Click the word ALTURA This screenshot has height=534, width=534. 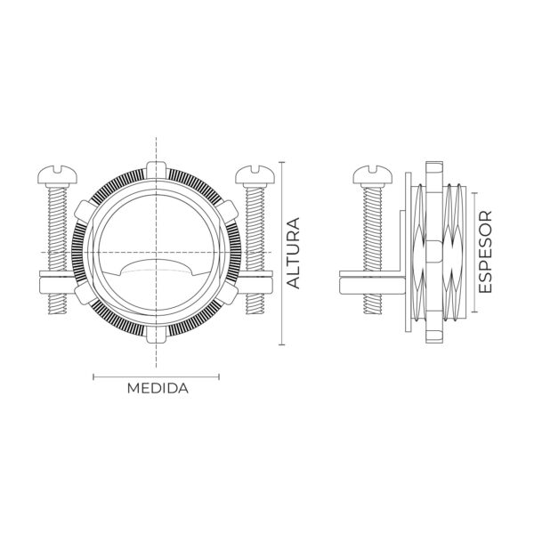294,253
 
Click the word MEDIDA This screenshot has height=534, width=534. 158,389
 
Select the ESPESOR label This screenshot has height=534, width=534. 486,253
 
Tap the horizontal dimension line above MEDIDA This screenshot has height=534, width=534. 158,376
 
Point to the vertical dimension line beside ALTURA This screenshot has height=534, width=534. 282,253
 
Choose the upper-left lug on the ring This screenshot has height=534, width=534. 86,211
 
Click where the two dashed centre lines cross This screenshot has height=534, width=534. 156,253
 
